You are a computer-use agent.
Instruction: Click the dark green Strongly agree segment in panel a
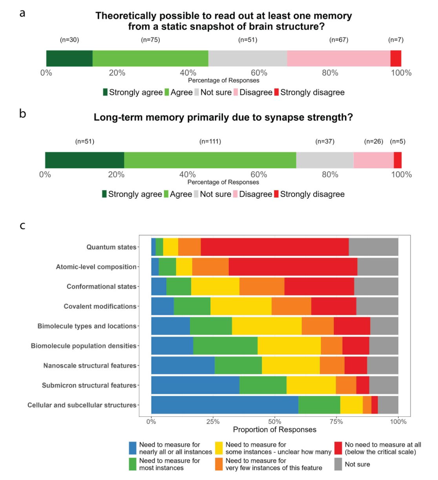[69, 59]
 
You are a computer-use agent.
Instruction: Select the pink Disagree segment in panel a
[338, 59]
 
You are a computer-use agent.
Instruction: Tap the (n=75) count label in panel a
[150, 40]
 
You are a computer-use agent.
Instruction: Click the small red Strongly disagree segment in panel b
[398, 160]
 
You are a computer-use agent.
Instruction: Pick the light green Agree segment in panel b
[210, 160]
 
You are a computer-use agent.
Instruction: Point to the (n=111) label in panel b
[210, 141]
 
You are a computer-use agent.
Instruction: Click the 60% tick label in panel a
[259, 73]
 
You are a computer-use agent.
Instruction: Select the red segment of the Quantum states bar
[275, 247]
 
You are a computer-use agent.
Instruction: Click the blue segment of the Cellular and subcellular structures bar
[224, 405]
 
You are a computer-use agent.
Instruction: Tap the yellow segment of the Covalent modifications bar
[241, 306]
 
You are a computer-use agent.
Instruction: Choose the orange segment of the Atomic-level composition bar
[210, 267]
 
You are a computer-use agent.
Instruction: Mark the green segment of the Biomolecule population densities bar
[225, 346]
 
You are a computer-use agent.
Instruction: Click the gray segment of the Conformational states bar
[376, 286]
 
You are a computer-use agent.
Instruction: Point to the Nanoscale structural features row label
[90, 366]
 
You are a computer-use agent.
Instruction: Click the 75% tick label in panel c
[336, 421]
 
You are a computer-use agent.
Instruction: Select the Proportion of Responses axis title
[274, 429]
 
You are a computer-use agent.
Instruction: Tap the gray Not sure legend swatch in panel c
[338, 464]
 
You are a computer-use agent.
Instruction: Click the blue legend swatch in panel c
[133, 448]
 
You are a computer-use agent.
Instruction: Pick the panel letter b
[23, 114]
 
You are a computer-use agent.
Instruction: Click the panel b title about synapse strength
[223, 117]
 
